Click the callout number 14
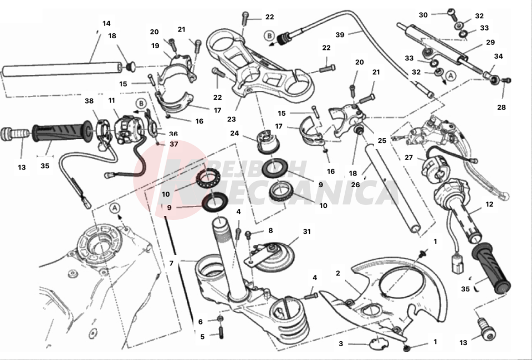[106, 23]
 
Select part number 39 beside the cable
[340, 34]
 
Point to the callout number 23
[231, 119]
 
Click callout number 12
[489, 204]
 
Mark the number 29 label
[490, 43]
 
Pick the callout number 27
[408, 157]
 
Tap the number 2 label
[337, 273]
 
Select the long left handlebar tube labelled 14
[61, 70]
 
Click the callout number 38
[88, 101]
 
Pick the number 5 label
[202, 336]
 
